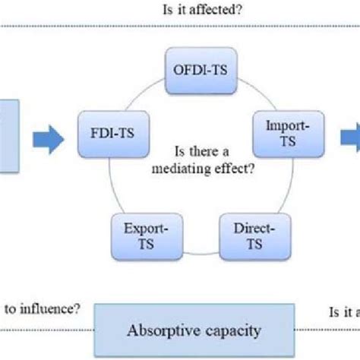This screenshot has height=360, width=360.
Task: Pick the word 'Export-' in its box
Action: [x=137, y=229]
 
